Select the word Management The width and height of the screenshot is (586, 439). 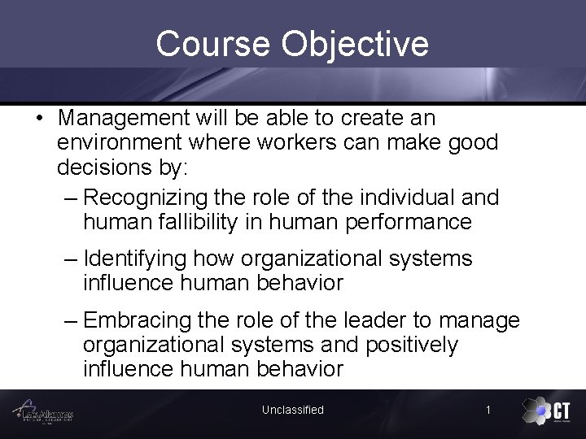(125, 118)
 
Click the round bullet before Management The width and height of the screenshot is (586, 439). (39, 119)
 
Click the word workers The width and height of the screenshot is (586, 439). (304, 143)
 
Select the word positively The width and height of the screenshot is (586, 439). (411, 345)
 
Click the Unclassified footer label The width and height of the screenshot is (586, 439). (293, 410)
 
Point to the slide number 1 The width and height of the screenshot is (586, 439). (488, 410)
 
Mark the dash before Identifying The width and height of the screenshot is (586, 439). (72, 259)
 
